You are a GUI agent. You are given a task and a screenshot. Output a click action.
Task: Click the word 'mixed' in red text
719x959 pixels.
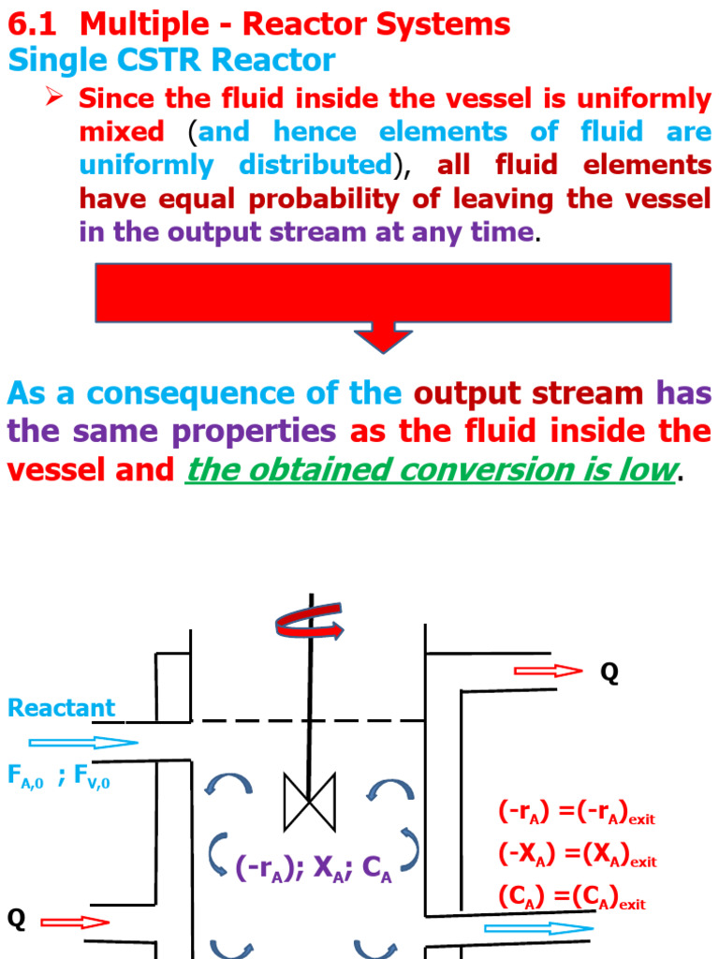coord(122,132)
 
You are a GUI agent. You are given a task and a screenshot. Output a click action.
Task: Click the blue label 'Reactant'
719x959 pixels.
coord(61,708)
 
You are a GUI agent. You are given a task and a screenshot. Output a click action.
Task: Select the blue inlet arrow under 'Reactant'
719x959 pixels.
coord(83,744)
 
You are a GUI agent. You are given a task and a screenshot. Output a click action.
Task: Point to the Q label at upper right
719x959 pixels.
coord(609,673)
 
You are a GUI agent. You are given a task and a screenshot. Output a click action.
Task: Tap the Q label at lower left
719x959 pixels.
coord(16,920)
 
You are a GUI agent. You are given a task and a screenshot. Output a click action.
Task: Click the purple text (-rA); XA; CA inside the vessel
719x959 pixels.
coord(313,870)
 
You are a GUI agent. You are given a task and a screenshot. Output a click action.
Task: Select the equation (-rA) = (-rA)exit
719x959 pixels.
coord(576,813)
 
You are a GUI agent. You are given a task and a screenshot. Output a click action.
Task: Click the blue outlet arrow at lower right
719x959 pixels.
coord(538,928)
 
